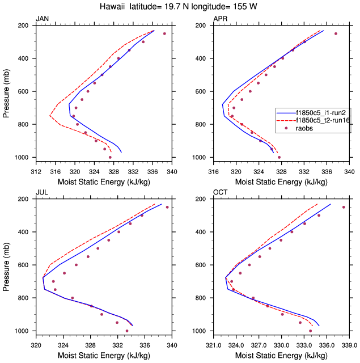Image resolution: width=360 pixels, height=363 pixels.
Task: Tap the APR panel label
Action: pyautogui.click(x=221, y=19)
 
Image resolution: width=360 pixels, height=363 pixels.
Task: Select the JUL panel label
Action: pyautogui.click(x=43, y=193)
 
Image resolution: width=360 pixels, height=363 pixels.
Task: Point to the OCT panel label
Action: pyautogui.click(x=221, y=193)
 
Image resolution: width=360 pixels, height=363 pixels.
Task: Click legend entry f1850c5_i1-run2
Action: pyautogui.click(x=321, y=112)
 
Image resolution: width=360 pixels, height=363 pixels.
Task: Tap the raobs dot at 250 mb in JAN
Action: pyautogui.click(x=164, y=33)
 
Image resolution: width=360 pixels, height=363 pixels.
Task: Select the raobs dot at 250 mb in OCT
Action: pyautogui.click(x=344, y=207)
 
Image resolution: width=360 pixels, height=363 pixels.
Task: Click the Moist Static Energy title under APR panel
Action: pyautogui.click(x=281, y=182)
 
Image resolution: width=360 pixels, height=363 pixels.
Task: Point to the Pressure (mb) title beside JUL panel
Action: pyautogui.click(x=6, y=265)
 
